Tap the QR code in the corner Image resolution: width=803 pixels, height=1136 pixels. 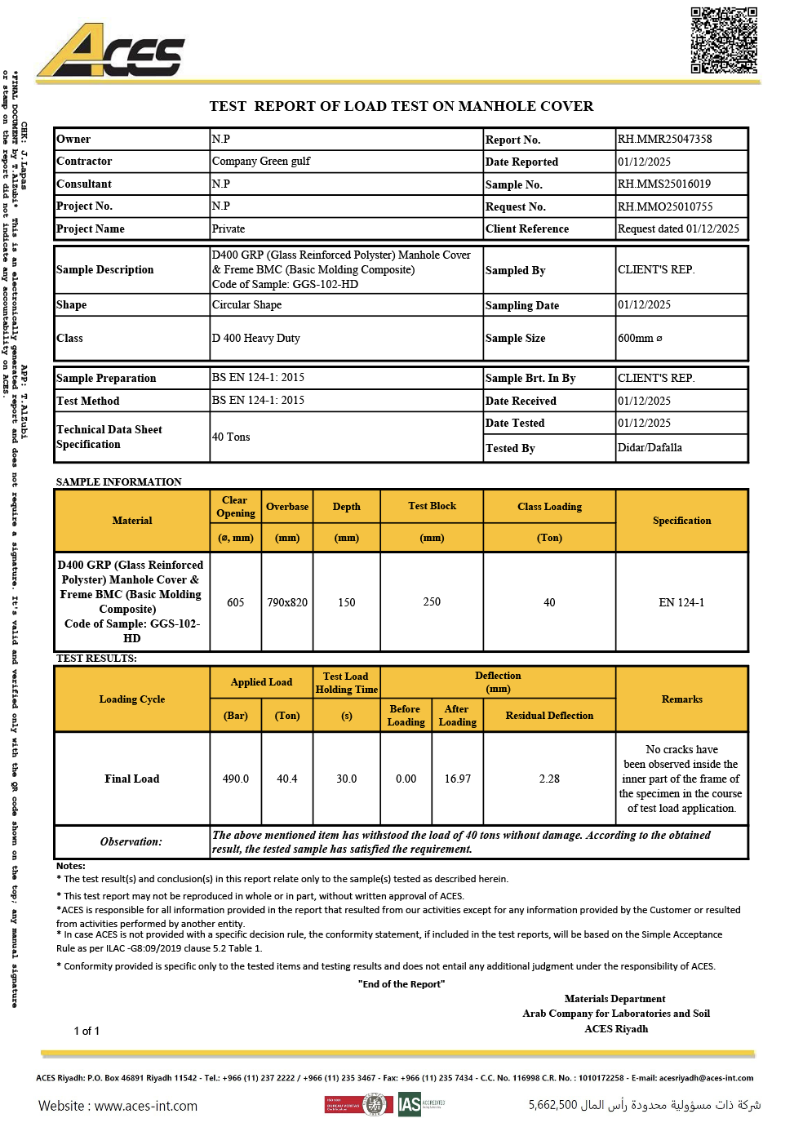pos(724,40)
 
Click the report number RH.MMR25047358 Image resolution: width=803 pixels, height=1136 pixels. pos(664,139)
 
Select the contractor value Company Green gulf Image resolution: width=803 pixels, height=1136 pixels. pos(261,161)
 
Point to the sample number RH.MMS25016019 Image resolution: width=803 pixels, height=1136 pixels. pos(663,184)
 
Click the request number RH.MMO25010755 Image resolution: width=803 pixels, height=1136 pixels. pos(665,206)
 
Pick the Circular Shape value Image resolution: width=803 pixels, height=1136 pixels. pos(246,304)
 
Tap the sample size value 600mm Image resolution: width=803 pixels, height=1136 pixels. pos(640,338)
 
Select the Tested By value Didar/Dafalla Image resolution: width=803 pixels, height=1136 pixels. pos(650,447)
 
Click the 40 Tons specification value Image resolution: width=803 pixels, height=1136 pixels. pos(231,437)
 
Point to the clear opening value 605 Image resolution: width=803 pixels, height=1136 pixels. pos(236,602)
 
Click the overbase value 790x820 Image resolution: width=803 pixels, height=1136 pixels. pos(287,602)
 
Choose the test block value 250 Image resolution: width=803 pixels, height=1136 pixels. pos(432,601)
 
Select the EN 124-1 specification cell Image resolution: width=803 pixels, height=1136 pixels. pos(681,602)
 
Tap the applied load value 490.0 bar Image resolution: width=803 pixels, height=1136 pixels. pos(236,779)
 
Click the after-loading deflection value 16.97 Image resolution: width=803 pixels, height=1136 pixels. pos(457,779)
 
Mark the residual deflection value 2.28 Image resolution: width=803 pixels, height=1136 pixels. pos(549,779)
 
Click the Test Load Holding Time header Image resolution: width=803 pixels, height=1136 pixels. pos(346,682)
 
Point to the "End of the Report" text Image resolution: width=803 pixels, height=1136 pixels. pos(401,983)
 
